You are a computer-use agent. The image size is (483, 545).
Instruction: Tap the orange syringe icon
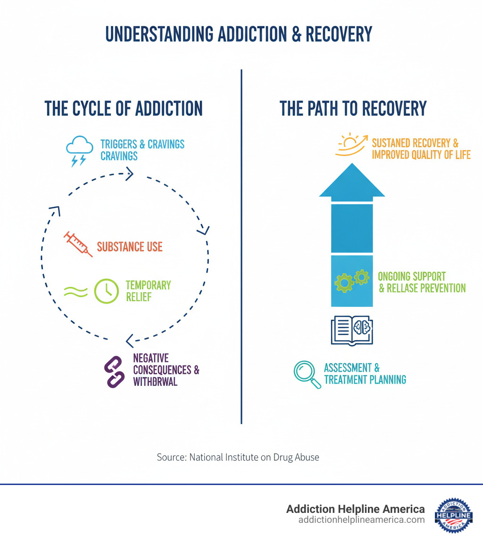[78, 244]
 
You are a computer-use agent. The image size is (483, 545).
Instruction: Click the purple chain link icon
[114, 372]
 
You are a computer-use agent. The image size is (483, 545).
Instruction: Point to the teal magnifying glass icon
[307, 375]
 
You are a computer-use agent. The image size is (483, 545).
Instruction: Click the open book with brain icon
[352, 330]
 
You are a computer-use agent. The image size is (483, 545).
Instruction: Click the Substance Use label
[130, 247]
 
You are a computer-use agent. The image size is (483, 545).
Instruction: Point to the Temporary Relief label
[148, 291]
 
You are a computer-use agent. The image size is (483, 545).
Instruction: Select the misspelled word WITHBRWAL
[155, 382]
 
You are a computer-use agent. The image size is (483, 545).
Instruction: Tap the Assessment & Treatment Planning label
[365, 374]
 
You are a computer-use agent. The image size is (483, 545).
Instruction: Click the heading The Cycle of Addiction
[124, 108]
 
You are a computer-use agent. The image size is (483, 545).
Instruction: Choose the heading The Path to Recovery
[353, 108]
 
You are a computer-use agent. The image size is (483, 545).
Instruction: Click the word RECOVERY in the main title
[339, 34]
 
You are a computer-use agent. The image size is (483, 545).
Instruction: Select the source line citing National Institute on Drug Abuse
[238, 457]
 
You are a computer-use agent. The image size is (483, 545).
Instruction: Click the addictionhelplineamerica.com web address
[361, 519]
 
